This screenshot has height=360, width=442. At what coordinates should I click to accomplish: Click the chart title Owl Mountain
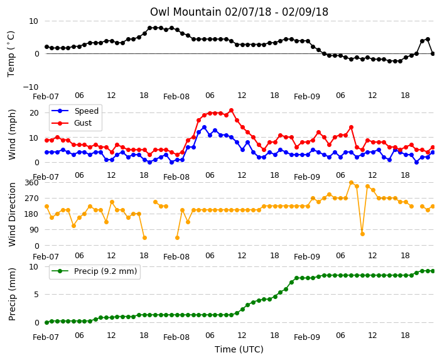click(239, 12)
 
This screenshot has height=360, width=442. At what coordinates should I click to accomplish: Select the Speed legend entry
click(75, 111)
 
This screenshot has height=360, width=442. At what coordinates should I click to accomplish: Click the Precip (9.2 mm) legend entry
click(94, 271)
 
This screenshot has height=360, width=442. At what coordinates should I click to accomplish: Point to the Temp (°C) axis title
click(11, 54)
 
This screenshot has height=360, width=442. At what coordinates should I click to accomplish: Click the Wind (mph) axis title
click(12, 135)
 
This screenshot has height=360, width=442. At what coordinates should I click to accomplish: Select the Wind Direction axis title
click(12, 214)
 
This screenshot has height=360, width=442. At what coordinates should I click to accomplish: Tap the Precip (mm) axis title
click(12, 294)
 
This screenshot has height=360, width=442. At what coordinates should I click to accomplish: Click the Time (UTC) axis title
click(239, 349)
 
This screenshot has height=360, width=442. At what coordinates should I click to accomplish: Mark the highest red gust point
click(232, 111)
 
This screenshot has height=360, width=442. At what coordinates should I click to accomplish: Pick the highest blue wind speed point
click(205, 128)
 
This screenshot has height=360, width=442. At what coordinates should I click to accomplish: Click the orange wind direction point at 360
click(351, 183)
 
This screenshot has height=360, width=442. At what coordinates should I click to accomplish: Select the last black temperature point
click(433, 53)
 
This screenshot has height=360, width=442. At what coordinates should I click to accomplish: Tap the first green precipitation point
click(47, 322)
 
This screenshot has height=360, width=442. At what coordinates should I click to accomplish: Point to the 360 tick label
click(31, 183)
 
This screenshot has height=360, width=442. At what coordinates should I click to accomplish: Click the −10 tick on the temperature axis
click(30, 87)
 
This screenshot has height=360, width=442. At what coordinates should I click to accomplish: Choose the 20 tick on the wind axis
click(34, 113)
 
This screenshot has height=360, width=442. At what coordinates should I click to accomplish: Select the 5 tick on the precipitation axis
click(36, 295)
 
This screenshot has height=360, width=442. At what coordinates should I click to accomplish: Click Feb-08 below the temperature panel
click(176, 97)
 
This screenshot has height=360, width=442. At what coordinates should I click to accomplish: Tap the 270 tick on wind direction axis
click(31, 199)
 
